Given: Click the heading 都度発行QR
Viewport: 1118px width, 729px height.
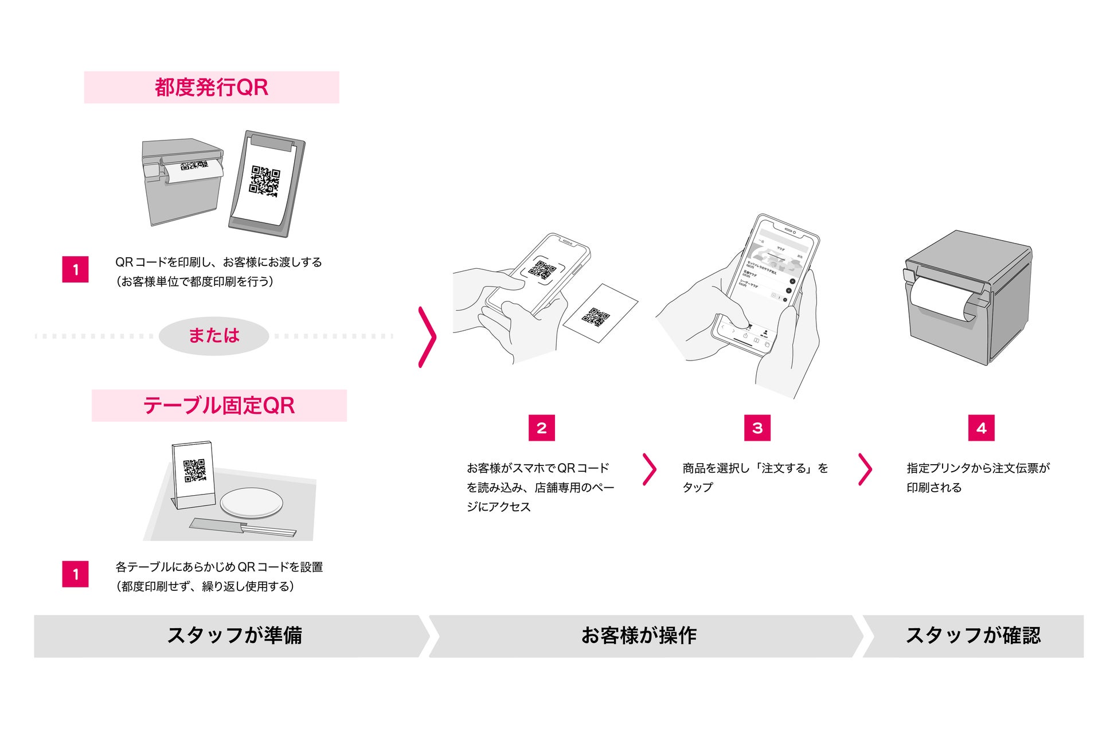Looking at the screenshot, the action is coord(211,88).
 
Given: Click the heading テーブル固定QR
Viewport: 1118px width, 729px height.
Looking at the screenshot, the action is coord(218,406).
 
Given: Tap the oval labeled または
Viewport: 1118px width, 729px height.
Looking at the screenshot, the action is coord(214,336).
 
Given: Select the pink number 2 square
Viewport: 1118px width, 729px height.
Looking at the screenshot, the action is coord(541,428).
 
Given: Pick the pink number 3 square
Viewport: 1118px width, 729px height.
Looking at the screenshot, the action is coord(757,428).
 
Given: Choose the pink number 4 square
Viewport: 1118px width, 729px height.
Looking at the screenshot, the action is coord(981,428).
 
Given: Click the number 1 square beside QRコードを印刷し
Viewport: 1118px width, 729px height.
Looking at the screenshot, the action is coord(75,269).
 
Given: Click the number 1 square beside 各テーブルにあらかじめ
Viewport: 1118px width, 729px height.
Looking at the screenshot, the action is coord(75,574).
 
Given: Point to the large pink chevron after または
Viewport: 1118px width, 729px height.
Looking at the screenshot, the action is coord(427,337).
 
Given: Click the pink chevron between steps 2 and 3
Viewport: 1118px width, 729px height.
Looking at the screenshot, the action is coord(650,469).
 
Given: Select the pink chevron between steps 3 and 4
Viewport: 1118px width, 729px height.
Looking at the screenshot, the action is coord(865,469).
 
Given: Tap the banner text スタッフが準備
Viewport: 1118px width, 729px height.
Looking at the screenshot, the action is coord(234,636).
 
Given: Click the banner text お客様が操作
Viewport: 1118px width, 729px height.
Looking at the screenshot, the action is coord(639,636).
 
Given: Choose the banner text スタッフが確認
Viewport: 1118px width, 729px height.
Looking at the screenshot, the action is coord(973,636).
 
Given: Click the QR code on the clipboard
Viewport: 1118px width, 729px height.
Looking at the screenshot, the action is coord(265,181).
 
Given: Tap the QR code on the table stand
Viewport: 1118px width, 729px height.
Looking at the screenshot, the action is coord(194,471).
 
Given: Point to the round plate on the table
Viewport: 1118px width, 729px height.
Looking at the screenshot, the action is coord(252,503).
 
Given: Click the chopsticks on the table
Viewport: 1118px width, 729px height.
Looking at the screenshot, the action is coord(244,527).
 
